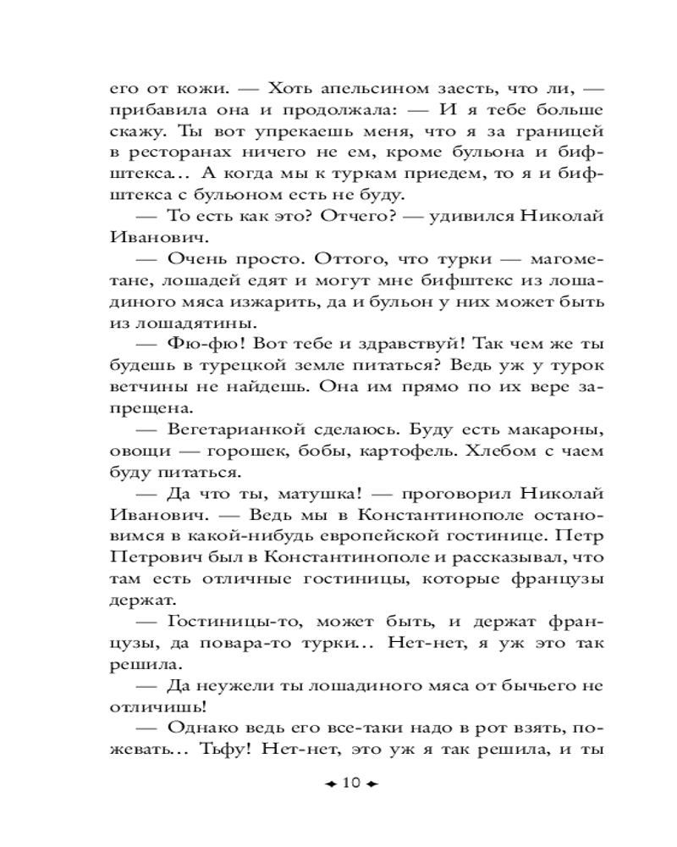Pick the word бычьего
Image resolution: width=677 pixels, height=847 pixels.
coord(537,687)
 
